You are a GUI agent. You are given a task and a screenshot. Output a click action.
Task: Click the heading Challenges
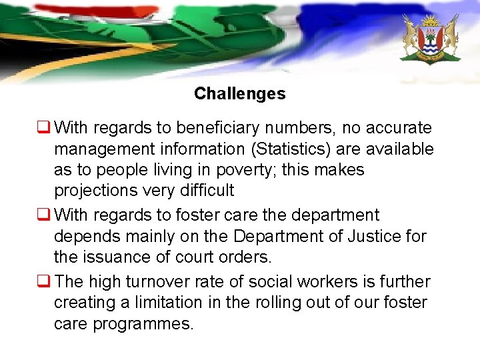point(239,94)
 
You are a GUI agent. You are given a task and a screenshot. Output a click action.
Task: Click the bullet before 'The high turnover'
point(45,282)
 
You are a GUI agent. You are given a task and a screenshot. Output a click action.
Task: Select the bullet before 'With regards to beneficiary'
point(45,127)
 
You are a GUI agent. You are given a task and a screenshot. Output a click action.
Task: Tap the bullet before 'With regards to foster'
point(45,215)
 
